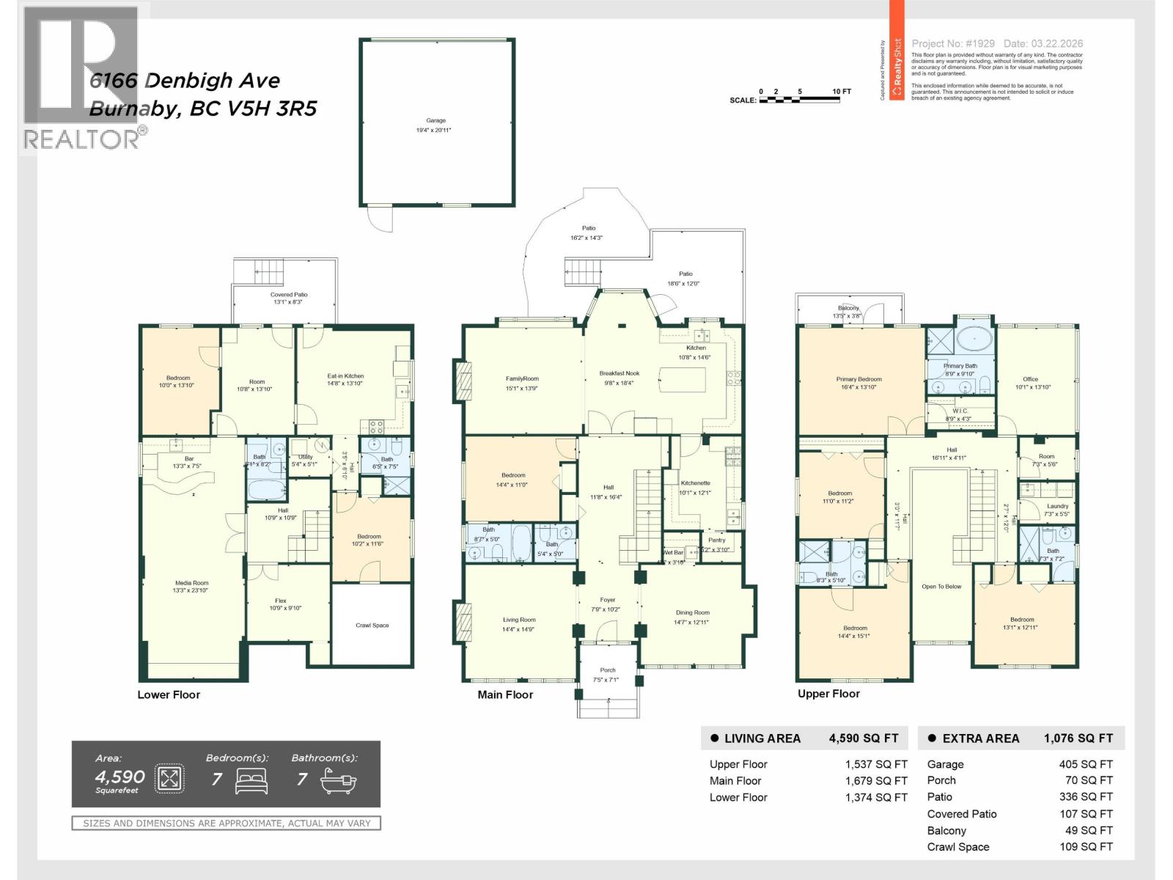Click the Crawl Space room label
point(372,626)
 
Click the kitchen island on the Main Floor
point(683,381)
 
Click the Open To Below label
point(941,587)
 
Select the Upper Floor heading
point(828,694)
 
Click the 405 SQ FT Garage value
point(1086,764)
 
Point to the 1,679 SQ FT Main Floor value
point(876,781)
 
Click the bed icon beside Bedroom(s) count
point(251,782)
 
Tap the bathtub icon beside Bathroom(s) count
point(339,782)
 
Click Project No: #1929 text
point(953,44)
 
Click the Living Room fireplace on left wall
point(463,621)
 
